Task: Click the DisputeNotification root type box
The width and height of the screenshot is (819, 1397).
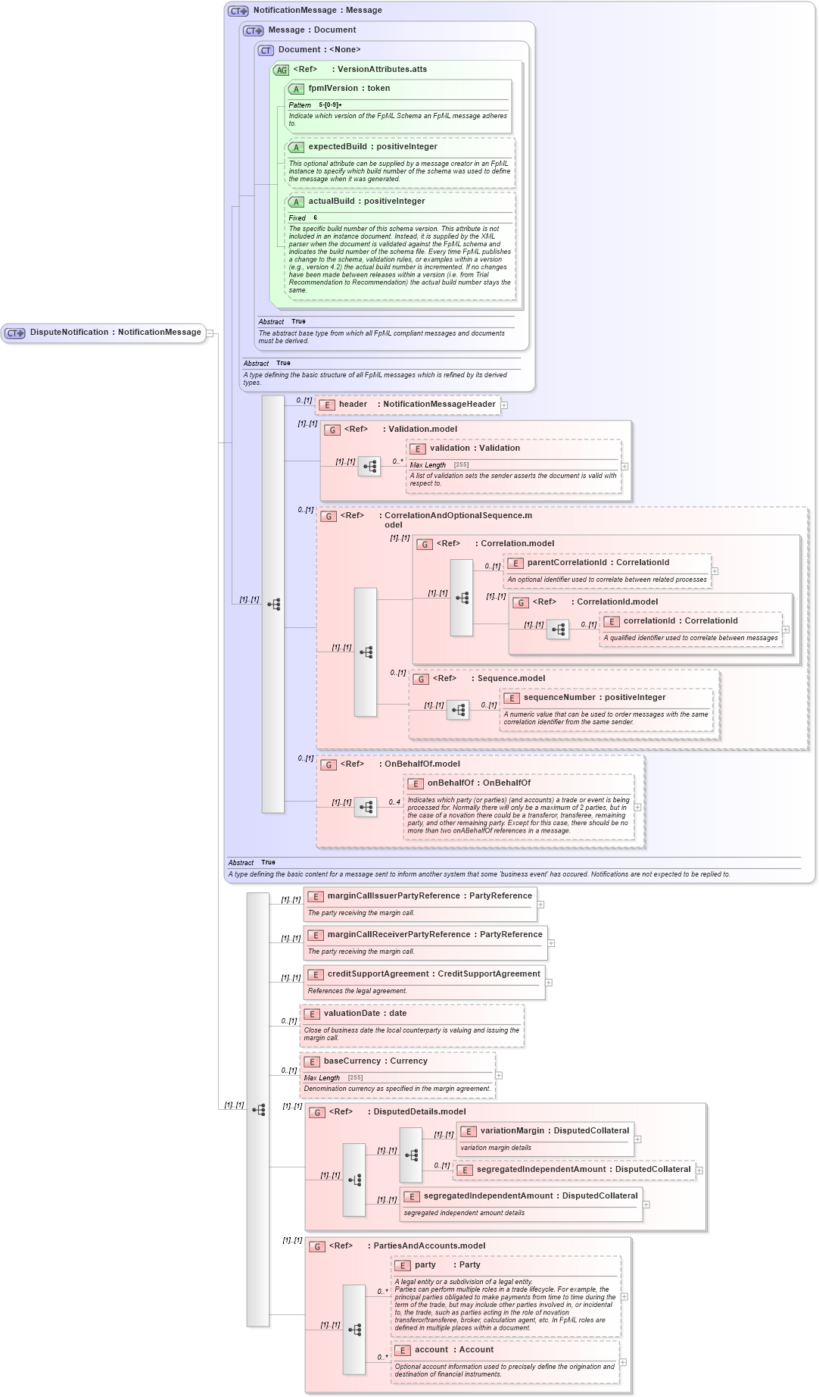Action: point(104,333)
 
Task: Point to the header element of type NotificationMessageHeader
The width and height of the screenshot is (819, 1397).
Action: point(409,405)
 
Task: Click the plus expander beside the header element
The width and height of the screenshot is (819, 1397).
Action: point(504,405)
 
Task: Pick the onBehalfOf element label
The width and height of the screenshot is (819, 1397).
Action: point(478,783)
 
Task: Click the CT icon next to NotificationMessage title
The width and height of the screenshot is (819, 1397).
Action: point(238,11)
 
